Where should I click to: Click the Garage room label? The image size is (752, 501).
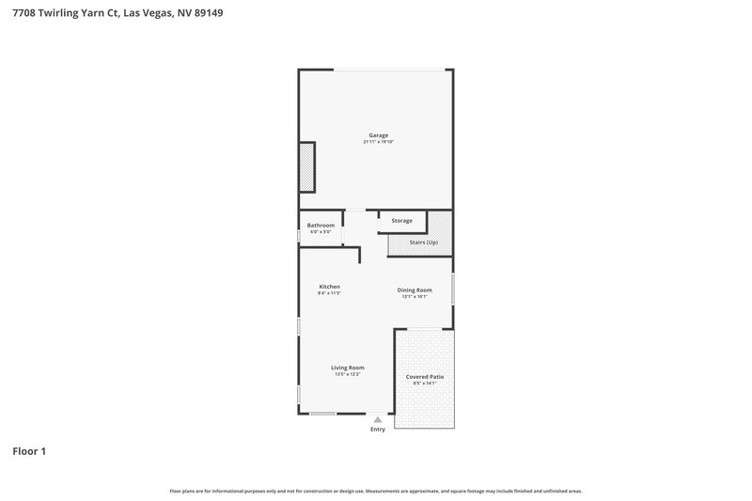click(378, 134)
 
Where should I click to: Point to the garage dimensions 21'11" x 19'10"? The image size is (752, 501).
click(378, 142)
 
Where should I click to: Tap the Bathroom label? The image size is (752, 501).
click(321, 225)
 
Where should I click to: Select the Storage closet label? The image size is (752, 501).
click(401, 220)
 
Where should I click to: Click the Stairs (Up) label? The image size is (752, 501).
click(423, 243)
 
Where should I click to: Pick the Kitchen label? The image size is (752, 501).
click(329, 286)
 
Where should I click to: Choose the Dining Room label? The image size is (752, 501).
click(415, 290)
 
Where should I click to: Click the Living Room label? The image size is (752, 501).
click(347, 367)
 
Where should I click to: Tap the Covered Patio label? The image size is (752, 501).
click(425, 376)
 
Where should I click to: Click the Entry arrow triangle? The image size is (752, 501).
click(378, 420)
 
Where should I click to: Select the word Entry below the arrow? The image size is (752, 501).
click(378, 430)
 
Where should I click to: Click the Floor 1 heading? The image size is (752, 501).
click(29, 451)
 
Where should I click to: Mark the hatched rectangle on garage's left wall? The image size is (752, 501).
click(306, 166)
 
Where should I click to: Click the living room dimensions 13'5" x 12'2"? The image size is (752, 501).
click(347, 374)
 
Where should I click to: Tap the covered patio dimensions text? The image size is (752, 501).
click(425, 384)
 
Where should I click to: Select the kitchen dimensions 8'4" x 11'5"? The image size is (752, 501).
click(329, 293)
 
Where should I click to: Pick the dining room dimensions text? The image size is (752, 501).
click(415, 297)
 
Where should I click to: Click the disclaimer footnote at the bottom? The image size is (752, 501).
click(376, 491)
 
